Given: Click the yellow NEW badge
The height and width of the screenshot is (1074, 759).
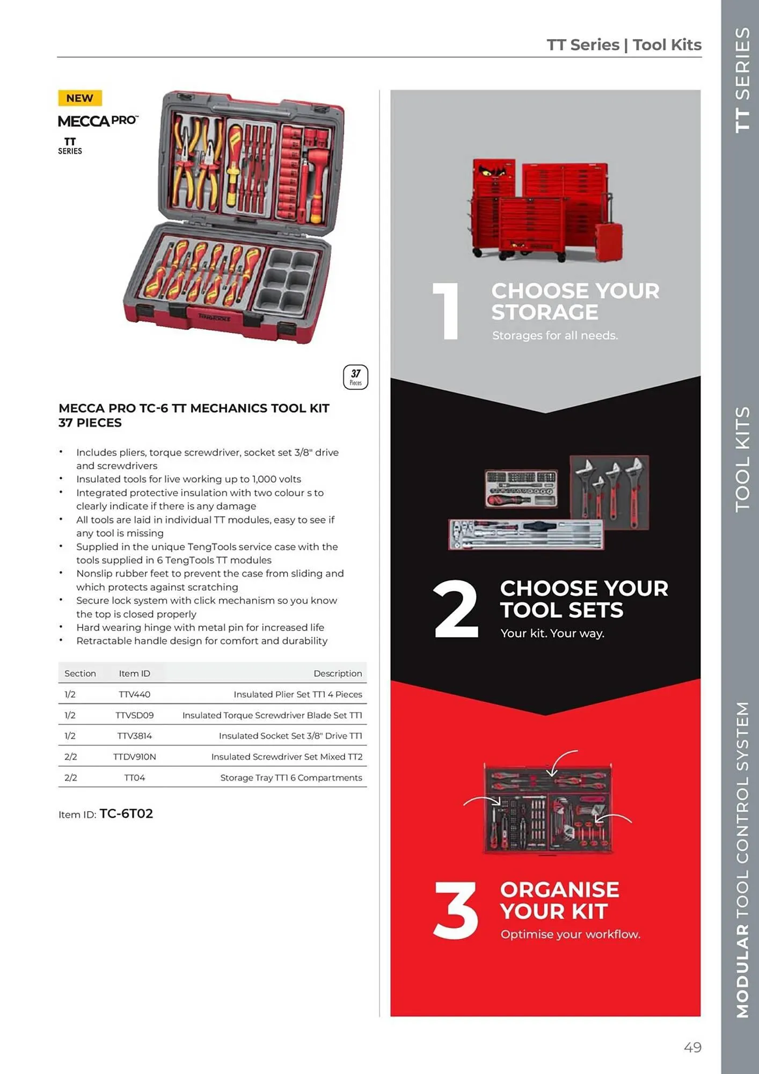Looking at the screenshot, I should [79, 98].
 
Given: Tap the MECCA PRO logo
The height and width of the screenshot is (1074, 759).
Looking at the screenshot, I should [98, 121].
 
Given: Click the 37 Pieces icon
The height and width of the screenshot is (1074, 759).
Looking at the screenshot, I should [355, 377].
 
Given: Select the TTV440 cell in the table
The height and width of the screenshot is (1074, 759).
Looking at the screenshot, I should [134, 694].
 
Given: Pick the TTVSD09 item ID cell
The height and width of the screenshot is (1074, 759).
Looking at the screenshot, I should [134, 715].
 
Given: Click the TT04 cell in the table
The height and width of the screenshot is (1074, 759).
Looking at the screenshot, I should [134, 778].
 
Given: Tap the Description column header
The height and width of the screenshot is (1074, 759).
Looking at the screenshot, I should [337, 673].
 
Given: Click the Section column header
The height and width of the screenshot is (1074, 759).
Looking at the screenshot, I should [80, 673].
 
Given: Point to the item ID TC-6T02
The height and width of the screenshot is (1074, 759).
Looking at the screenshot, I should [126, 814].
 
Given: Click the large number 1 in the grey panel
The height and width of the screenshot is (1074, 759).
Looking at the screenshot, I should [447, 311].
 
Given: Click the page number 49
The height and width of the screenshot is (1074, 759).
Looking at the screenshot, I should [692, 1047].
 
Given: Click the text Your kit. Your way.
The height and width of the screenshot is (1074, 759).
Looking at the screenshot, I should [552, 633].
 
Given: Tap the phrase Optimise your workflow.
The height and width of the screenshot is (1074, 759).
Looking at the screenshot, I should [570, 934].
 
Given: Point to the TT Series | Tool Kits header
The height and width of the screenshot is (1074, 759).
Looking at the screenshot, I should [624, 45].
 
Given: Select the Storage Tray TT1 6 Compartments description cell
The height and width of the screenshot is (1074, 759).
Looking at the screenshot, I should [291, 778].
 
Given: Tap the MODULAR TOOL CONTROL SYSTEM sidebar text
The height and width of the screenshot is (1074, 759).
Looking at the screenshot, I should [742, 859].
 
